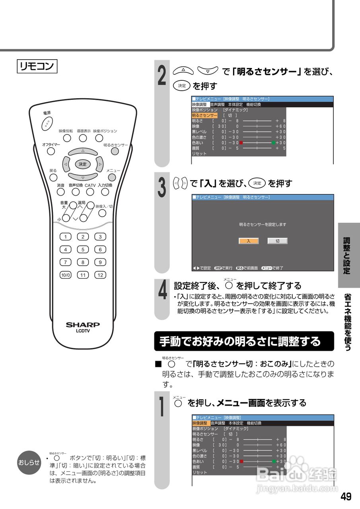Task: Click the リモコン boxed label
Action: click(37, 66)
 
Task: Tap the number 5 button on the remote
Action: click(83, 250)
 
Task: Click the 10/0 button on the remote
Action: click(65, 275)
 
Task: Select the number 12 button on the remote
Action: click(100, 275)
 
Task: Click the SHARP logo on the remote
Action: click(83, 324)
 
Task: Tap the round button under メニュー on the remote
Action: click(113, 177)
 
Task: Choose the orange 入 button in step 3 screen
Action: click(249, 241)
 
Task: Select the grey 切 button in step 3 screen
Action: click(277, 241)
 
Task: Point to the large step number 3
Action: click(162, 188)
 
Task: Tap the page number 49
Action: click(346, 497)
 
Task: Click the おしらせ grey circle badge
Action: click(29, 462)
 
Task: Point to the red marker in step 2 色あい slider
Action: click(241, 143)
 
